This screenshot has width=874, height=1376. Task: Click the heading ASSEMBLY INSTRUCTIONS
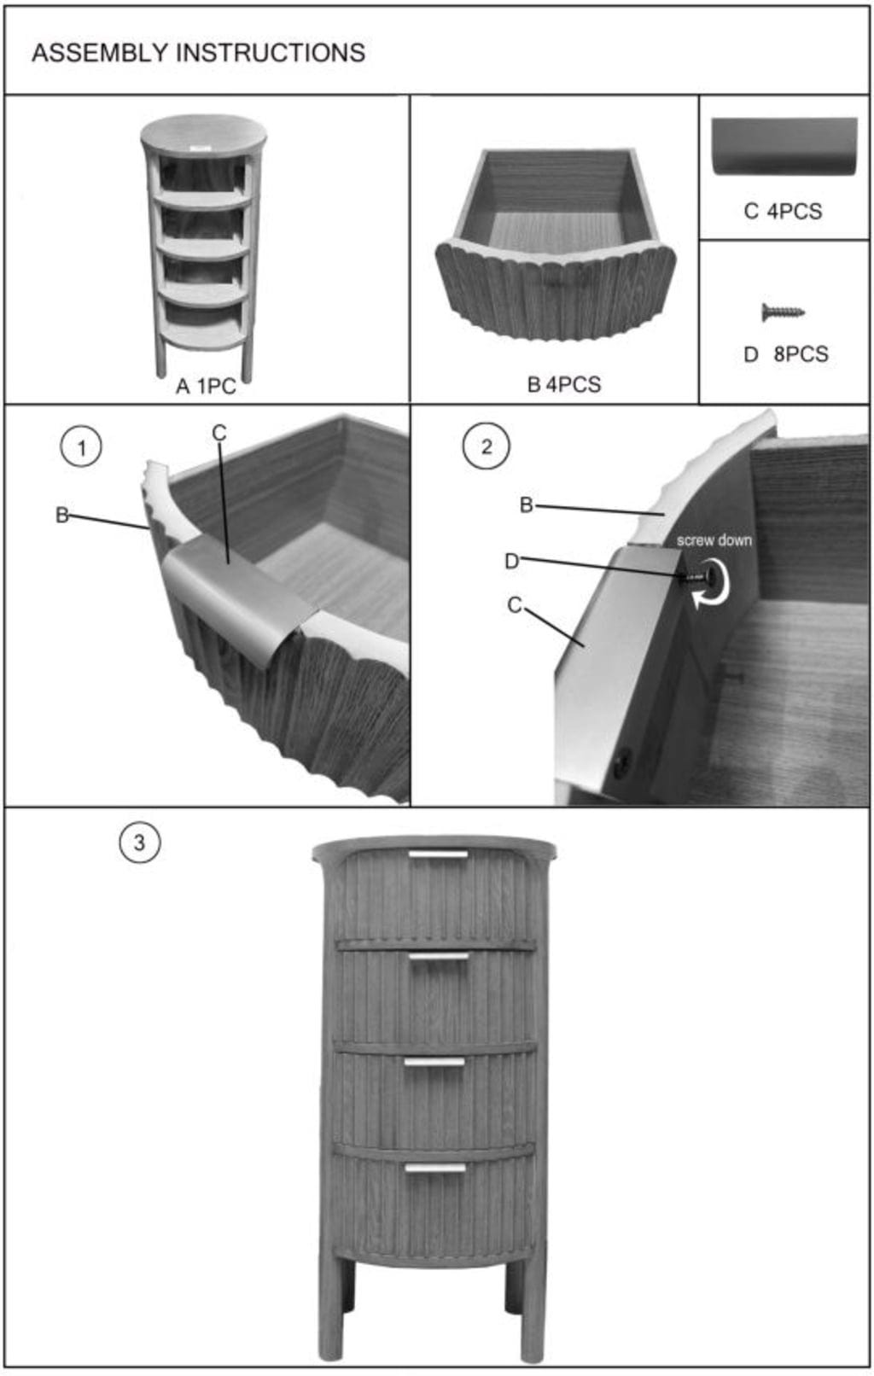pyautogui.click(x=198, y=53)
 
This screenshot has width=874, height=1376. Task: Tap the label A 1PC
pyautogui.click(x=206, y=387)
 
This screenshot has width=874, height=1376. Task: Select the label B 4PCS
pyautogui.click(x=564, y=384)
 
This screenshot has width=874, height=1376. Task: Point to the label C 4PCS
pyautogui.click(x=783, y=212)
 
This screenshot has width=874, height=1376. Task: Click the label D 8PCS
pyautogui.click(x=785, y=354)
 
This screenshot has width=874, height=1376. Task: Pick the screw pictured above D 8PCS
pyautogui.click(x=783, y=312)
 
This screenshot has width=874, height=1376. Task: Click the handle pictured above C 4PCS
pyautogui.click(x=784, y=147)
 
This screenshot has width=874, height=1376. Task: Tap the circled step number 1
pyautogui.click(x=81, y=447)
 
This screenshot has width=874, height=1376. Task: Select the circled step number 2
pyautogui.click(x=486, y=447)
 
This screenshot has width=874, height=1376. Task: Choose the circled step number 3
pyautogui.click(x=139, y=843)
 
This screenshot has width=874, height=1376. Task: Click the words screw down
pyautogui.click(x=714, y=540)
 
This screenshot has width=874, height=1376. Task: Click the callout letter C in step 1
pyautogui.click(x=218, y=434)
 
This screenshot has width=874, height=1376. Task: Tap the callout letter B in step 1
pyautogui.click(x=62, y=515)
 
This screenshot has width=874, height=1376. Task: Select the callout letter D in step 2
pyautogui.click(x=511, y=561)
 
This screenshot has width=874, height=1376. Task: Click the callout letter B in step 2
pyautogui.click(x=527, y=505)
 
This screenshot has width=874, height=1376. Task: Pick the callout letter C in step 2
pyautogui.click(x=514, y=606)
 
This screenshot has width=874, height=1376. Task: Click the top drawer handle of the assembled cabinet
pyautogui.click(x=439, y=854)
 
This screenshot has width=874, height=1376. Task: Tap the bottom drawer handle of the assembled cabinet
pyautogui.click(x=434, y=1168)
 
